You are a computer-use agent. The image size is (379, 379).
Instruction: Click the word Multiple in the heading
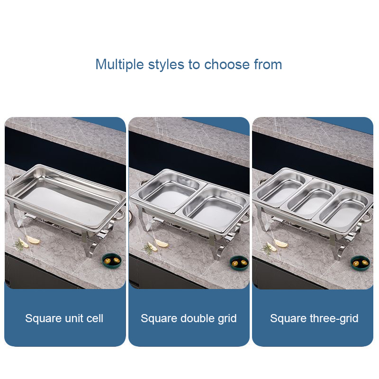click(x=120, y=64)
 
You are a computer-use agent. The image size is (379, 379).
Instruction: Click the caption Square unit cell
click(x=64, y=318)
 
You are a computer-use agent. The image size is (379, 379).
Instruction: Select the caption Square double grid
click(x=189, y=318)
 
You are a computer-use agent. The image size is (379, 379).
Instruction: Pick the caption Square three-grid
click(x=314, y=318)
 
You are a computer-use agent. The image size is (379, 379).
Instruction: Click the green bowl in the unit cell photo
click(x=111, y=261)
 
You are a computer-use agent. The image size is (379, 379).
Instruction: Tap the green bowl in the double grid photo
click(x=239, y=262)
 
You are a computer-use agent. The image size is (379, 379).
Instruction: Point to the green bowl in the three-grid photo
click(x=360, y=262)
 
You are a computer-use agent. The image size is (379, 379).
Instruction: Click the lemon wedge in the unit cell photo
click(x=33, y=240)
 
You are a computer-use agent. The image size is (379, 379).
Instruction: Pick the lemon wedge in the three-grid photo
click(x=280, y=243)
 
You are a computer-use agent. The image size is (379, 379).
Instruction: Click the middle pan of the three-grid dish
click(x=312, y=199)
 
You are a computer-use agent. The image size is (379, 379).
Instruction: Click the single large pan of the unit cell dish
click(x=65, y=196)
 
